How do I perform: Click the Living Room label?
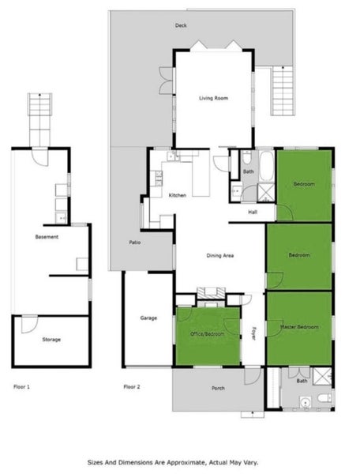click(x=213, y=98)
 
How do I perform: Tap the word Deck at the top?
click(x=181, y=26)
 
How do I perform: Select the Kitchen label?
click(x=177, y=195)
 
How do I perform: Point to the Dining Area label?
click(x=219, y=255)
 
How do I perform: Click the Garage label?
click(x=148, y=318)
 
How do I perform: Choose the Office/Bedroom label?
click(x=208, y=334)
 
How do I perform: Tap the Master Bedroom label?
click(x=298, y=326)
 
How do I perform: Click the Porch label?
click(x=218, y=389)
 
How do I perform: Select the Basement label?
click(x=47, y=237)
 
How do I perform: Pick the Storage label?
click(x=51, y=340)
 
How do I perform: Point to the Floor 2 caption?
click(x=132, y=387)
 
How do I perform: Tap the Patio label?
click(x=135, y=243)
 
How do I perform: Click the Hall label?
click(x=253, y=212)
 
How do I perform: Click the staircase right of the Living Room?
click(x=283, y=90)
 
